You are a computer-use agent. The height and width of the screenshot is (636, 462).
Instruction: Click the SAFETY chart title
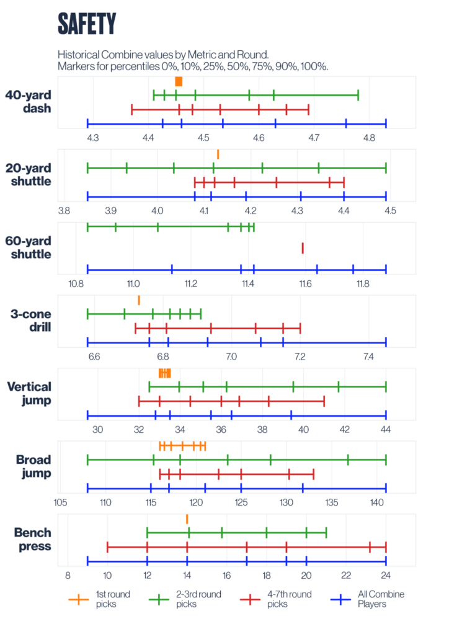click(87, 24)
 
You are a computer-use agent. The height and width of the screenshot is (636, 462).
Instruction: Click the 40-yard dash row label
click(28, 102)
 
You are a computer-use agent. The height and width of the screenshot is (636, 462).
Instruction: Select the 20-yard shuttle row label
click(28, 175)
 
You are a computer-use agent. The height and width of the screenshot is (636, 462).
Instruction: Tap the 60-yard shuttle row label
click(28, 247)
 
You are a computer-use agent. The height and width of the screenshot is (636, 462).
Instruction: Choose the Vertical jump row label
click(29, 393)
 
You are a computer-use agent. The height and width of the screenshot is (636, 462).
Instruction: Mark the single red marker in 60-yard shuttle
click(303, 248)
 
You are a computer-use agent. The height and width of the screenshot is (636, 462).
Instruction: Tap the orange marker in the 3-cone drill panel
click(139, 300)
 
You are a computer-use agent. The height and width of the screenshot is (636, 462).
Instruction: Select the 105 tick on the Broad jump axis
click(60, 502)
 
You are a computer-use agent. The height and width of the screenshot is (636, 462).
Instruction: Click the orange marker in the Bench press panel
click(187, 519)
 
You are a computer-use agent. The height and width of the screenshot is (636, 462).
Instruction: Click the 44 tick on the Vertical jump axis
click(386, 429)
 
